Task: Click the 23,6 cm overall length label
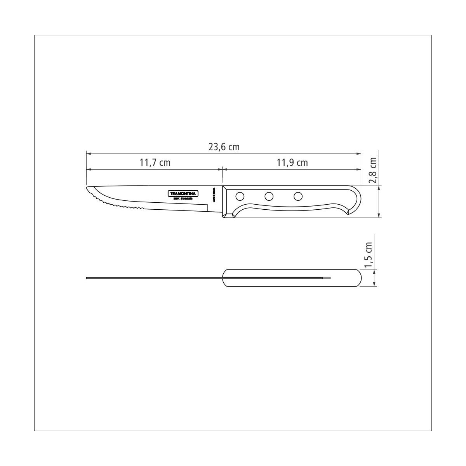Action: click(224, 147)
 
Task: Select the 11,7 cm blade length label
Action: click(155, 163)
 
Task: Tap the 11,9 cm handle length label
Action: click(292, 163)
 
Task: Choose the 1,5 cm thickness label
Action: click(369, 255)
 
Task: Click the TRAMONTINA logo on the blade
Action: click(184, 193)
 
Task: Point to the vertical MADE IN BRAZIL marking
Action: click(214, 195)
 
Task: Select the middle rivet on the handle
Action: click(269, 196)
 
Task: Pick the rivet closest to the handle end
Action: click(298, 196)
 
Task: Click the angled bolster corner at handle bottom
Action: click(229, 215)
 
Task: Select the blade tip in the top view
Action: click(87, 278)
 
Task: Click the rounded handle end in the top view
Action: click(359, 278)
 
